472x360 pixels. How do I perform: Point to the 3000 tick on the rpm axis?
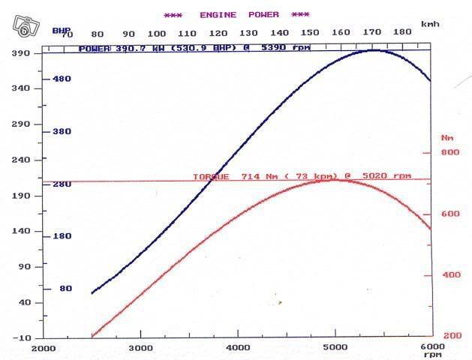(x=141, y=348)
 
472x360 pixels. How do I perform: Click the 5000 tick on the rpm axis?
(x=335, y=348)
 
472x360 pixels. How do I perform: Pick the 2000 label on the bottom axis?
(x=44, y=348)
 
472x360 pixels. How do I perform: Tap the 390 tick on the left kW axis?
(x=22, y=53)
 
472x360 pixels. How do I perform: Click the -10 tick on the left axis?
(x=22, y=338)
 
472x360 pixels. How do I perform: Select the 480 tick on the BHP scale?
(x=60, y=79)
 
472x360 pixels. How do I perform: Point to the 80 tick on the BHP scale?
(x=65, y=288)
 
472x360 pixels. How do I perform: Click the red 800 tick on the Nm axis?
(x=449, y=152)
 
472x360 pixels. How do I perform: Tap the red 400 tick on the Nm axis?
(x=449, y=274)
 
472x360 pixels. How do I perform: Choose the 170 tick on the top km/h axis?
(x=370, y=33)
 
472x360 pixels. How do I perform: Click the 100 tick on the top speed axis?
(x=156, y=33)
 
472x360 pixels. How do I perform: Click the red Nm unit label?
(x=448, y=137)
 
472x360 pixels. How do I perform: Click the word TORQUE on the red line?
(x=211, y=176)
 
